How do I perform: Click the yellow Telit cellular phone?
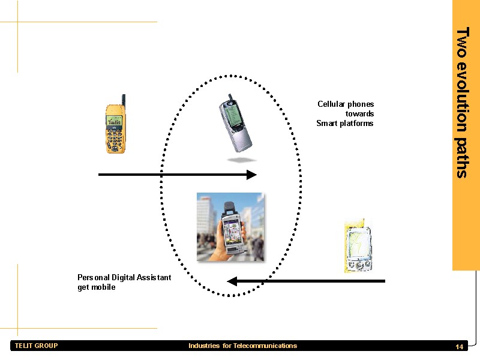click(x=115, y=124)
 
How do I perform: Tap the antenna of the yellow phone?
click(x=124, y=100)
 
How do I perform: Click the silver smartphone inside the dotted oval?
click(x=235, y=124)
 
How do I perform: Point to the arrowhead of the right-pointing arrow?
click(x=251, y=175)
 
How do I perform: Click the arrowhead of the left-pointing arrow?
click(x=232, y=281)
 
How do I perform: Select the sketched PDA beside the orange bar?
click(x=358, y=245)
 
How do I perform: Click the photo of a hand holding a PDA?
click(x=230, y=227)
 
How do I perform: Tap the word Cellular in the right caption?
click(x=331, y=104)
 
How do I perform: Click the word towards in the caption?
click(x=359, y=114)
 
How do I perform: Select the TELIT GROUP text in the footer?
click(x=37, y=346)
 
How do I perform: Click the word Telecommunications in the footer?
click(x=265, y=346)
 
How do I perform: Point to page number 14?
click(x=459, y=347)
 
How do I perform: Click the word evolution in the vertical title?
click(x=462, y=97)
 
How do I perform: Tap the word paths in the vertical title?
click(x=462, y=158)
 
